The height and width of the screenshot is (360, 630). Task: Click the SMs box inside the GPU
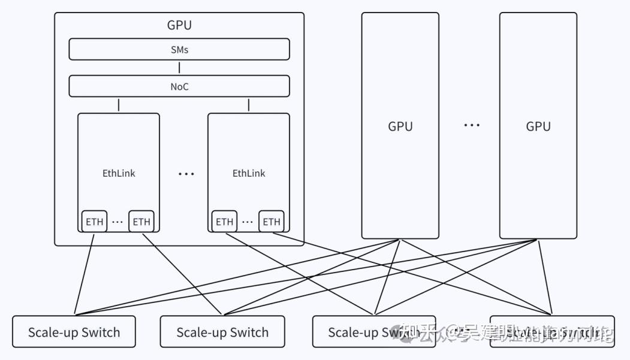[x=179, y=49]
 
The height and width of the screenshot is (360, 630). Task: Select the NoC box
[x=179, y=86]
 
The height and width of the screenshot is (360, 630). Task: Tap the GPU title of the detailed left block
[x=179, y=25]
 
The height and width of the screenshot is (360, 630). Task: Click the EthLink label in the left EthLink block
[x=119, y=173]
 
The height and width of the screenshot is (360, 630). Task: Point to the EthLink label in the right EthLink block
[x=249, y=173]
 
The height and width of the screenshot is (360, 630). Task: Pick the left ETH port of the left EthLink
[x=95, y=222]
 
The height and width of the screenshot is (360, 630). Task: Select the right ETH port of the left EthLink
[x=141, y=222]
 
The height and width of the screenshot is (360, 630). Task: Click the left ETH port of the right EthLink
[x=225, y=222]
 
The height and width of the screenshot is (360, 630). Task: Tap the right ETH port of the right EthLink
[x=272, y=222]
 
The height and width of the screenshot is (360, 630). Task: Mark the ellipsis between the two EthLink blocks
[x=186, y=174]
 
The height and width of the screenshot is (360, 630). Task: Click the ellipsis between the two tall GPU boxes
[x=472, y=126]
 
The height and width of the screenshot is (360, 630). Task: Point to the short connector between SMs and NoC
[x=179, y=67]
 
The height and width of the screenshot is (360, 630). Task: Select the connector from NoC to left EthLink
[x=119, y=105]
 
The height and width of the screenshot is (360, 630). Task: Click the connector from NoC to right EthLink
[x=249, y=105]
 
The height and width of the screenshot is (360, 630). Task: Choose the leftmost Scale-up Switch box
[x=74, y=332]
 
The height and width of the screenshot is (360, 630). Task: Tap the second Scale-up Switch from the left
[x=222, y=332]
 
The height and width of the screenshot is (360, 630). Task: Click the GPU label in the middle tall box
[x=400, y=126]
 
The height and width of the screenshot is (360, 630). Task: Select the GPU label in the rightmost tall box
[x=538, y=126]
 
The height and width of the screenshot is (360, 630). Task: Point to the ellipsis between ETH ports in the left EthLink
[x=118, y=222]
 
